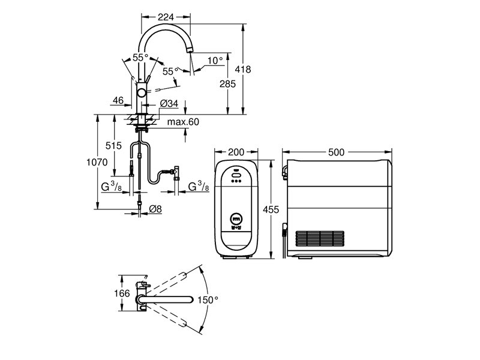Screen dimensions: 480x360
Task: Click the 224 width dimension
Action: click(x=166, y=17)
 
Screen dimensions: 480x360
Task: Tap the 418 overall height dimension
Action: click(x=243, y=70)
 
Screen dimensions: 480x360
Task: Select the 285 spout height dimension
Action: click(x=228, y=83)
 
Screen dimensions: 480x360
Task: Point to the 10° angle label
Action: click(x=215, y=61)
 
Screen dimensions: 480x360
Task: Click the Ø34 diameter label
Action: click(x=169, y=103)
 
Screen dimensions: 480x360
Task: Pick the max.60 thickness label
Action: click(x=183, y=122)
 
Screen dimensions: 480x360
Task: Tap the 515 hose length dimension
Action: click(x=113, y=146)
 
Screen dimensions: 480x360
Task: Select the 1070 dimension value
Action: click(x=97, y=162)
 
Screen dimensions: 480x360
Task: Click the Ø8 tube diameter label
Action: click(x=155, y=209)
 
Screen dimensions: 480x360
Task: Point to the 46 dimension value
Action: click(x=118, y=100)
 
